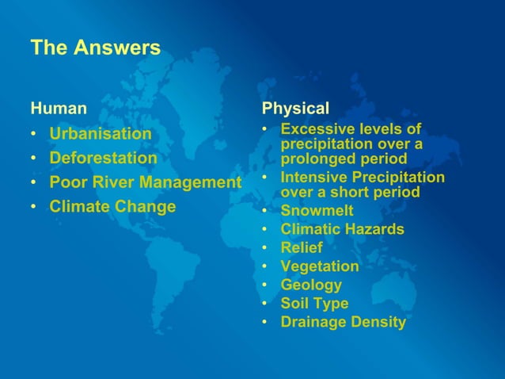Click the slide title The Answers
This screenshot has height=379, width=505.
95,48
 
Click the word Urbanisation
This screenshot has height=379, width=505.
100,133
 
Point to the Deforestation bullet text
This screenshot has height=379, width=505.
103,158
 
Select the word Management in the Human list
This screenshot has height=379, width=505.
190,183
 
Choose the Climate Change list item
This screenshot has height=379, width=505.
112,207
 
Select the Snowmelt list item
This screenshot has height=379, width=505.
317,211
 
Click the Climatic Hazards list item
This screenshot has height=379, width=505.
342,229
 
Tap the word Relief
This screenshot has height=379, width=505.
302,248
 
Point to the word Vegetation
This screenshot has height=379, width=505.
320,266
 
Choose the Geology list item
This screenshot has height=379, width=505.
311,285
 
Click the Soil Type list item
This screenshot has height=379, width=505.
314,303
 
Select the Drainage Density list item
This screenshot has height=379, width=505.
343,322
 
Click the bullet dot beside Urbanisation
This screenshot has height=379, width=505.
35,134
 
